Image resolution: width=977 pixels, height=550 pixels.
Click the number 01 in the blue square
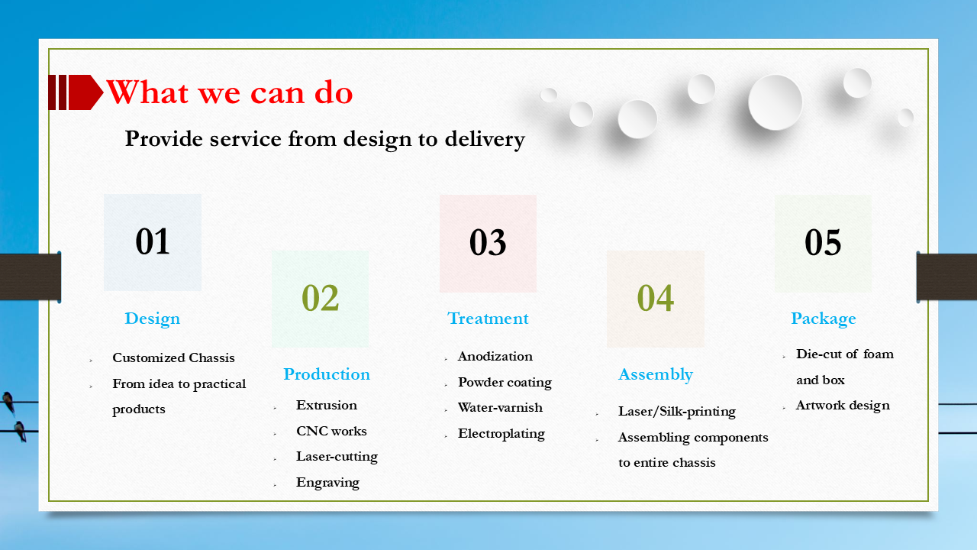coord(153,241)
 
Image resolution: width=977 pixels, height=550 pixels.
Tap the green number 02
coord(320,298)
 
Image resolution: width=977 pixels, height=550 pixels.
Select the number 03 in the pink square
coord(488,242)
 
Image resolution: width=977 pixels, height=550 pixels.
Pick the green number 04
coord(655,298)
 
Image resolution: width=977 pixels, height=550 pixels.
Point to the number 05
coord(823,242)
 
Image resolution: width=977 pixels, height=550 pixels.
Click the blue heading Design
coord(153,319)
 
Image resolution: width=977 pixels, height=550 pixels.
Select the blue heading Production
coord(327,374)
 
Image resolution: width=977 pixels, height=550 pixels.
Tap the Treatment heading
coord(488,319)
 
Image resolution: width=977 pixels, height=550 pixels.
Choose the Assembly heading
coord(655,374)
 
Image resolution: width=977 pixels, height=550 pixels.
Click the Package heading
coord(823,319)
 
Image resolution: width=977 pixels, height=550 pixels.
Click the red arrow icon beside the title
coord(76,92)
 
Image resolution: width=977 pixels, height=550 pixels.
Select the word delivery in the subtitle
coord(486,139)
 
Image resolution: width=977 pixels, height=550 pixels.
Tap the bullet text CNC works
coord(331,431)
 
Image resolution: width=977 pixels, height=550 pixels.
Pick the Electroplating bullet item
coord(501,433)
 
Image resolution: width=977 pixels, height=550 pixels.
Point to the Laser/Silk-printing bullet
coord(676,411)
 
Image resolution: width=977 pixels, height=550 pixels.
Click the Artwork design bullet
coord(842,405)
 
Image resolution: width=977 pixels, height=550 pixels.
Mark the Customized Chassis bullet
coord(173,357)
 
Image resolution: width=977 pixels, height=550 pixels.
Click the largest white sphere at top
coord(775,102)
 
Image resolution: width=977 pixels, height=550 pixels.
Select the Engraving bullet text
coord(327,482)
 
